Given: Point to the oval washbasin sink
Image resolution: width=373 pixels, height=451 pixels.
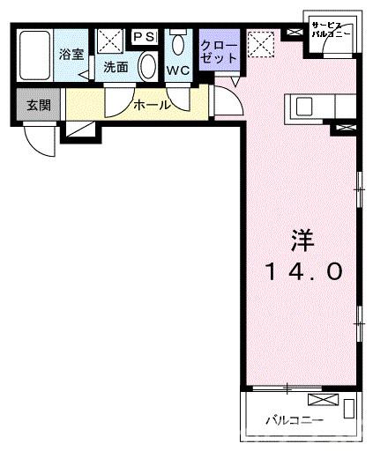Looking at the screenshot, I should tap(149, 67).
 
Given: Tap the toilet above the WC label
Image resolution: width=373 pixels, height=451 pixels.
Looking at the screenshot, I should tap(179, 44).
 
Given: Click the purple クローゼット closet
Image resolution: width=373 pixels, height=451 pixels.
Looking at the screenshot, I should tap(220, 51).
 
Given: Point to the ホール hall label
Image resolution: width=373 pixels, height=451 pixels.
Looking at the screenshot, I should tap(153, 105).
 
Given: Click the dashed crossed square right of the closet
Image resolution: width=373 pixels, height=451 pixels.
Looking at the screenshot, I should tap(260, 42).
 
